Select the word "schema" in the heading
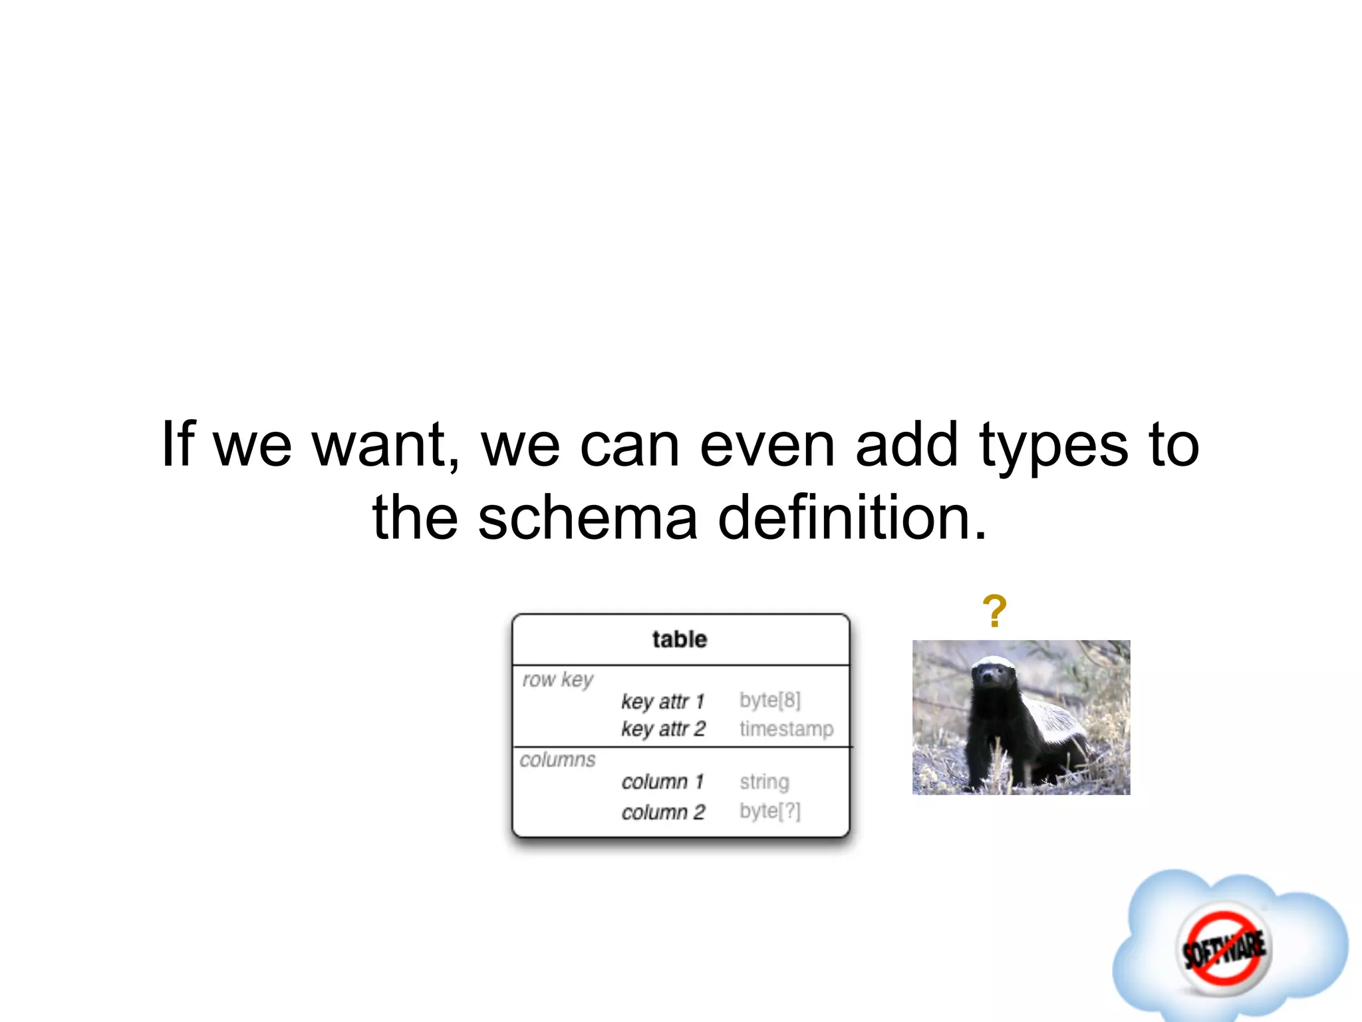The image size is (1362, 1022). tap(588, 518)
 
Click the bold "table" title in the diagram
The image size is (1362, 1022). tap(680, 639)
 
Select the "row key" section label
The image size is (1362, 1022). tap(557, 679)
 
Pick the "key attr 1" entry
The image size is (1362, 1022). tap(662, 701)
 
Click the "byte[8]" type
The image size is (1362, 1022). tap(770, 700)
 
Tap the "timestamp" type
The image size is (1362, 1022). tap(786, 729)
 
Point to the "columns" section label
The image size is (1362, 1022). tap(557, 760)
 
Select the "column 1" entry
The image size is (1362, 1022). tap(662, 781)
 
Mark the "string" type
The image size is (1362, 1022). tap(764, 782)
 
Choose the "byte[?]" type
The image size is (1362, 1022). tap(770, 811)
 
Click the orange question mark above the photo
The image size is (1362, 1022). tap(994, 611)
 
